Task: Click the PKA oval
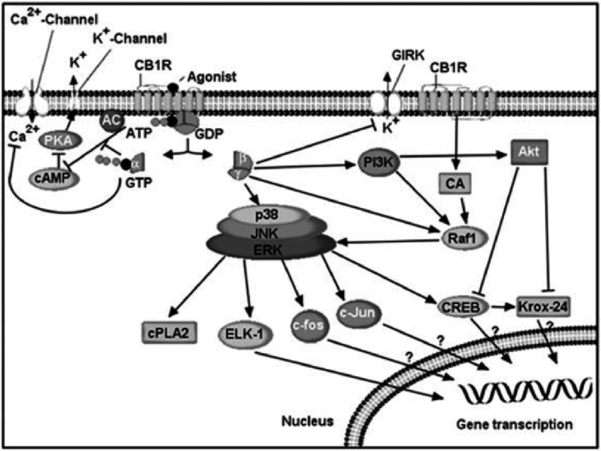[61, 142]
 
